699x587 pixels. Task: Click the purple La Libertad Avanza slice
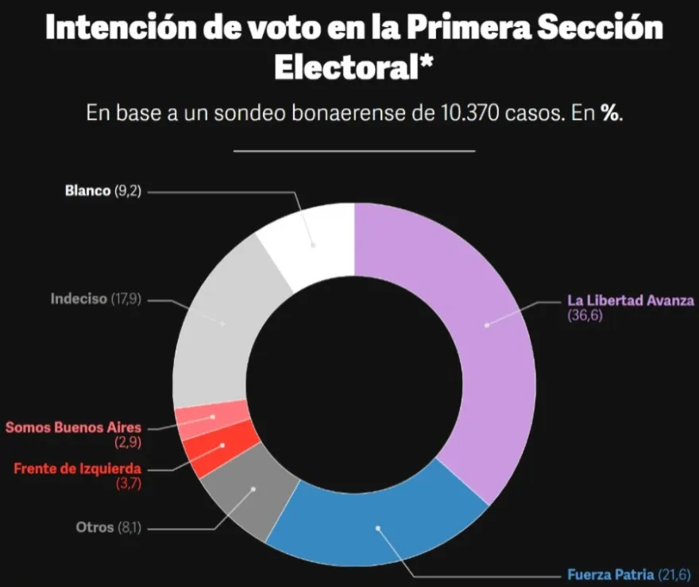(x=477, y=334)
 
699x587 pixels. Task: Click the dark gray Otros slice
(x=246, y=496)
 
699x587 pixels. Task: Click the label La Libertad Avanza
(x=631, y=300)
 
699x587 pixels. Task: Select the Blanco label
(x=88, y=191)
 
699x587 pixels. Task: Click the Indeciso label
(x=79, y=299)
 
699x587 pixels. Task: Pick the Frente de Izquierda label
(x=77, y=468)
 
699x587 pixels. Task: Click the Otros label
(x=95, y=527)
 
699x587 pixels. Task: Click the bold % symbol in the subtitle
(x=609, y=114)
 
